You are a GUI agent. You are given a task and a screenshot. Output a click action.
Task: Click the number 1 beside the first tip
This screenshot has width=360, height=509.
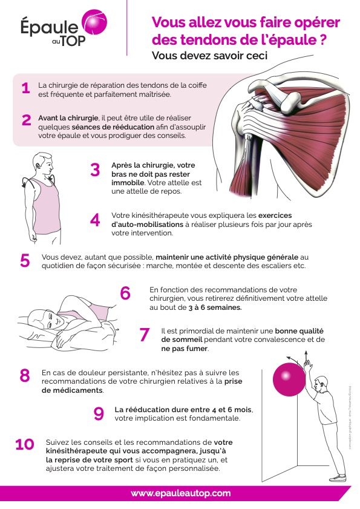[25, 88]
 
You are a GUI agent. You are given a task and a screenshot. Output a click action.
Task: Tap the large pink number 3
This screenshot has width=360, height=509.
[95, 170]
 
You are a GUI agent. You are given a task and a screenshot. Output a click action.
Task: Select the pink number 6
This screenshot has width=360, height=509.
[125, 293]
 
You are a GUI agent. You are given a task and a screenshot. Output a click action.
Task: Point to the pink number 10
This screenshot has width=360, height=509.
[24, 445]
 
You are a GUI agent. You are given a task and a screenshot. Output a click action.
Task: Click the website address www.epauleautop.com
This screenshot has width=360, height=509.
[181, 493]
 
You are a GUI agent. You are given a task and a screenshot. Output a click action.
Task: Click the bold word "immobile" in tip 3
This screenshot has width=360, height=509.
[128, 182]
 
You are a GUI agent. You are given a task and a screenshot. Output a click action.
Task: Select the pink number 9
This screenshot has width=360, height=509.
[99, 413]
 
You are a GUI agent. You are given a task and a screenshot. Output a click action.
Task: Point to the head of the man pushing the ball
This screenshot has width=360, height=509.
[321, 384]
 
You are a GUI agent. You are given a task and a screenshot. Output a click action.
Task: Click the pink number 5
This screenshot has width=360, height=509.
[25, 261]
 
